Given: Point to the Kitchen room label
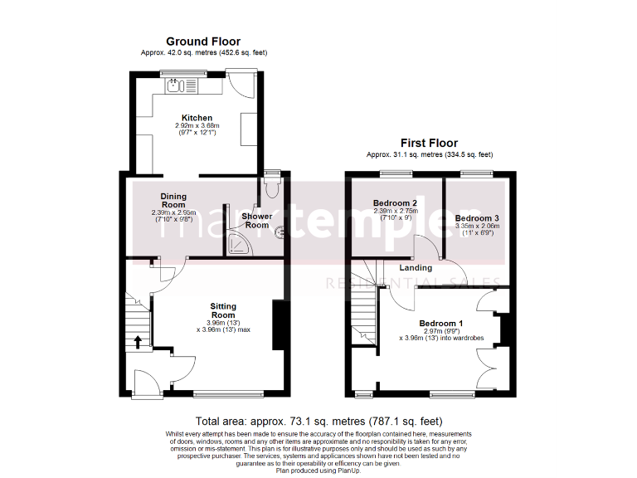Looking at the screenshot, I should [x=197, y=118].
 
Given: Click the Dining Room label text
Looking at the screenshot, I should [x=173, y=200].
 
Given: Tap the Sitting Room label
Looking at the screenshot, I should [x=223, y=311].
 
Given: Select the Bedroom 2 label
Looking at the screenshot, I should [x=394, y=203].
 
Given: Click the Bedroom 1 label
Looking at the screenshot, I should [x=440, y=323].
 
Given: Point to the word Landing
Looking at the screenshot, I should [x=416, y=268].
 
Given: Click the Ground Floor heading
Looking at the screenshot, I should [x=203, y=41].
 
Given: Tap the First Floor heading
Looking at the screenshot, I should [x=429, y=143].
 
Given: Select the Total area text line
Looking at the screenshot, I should [x=318, y=421].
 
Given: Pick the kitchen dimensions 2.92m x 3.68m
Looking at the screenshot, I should [x=197, y=126].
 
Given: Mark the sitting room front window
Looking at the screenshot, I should [x=226, y=393].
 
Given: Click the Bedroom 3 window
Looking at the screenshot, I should [x=475, y=173].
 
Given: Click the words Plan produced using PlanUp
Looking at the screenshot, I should [x=318, y=471].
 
